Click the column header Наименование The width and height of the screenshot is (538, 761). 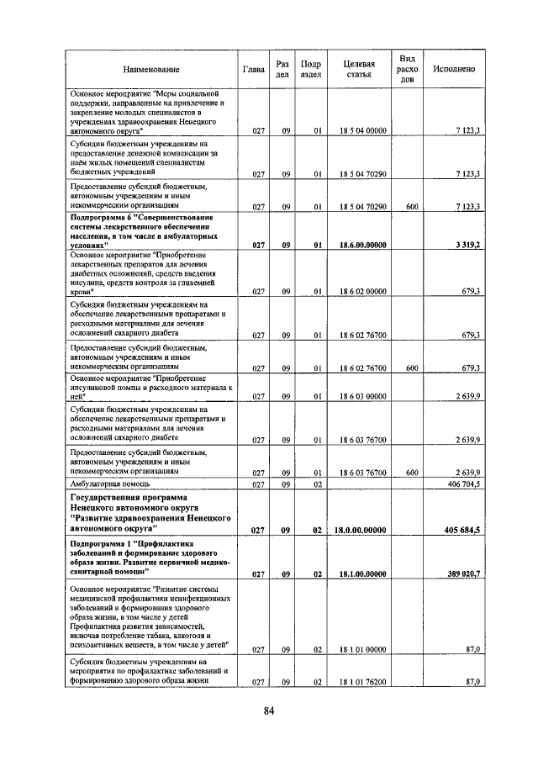click(150, 69)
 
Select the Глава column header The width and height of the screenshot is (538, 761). click(254, 69)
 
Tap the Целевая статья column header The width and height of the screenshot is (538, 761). click(359, 69)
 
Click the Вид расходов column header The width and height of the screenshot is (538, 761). click(407, 69)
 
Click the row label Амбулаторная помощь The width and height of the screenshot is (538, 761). click(111, 485)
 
